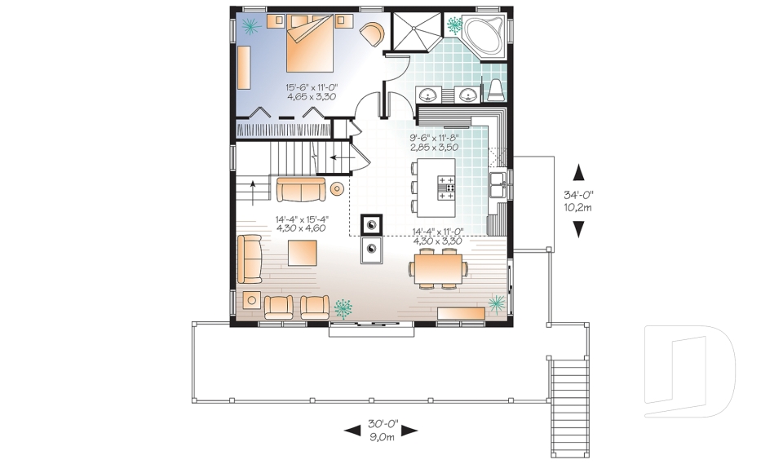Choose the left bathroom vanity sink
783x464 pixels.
click(434, 95)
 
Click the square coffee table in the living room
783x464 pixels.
click(303, 253)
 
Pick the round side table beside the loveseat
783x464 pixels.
click(338, 188)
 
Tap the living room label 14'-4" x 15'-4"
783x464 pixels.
click(301, 219)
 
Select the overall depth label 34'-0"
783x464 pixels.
click(578, 195)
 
